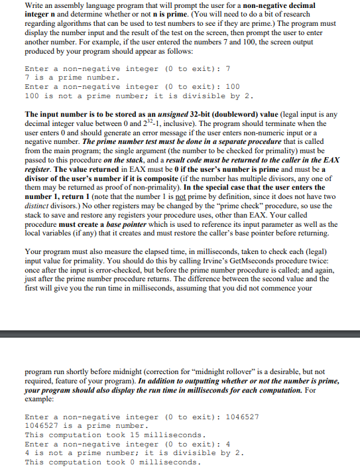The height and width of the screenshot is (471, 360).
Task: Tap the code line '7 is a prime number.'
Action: point(72,78)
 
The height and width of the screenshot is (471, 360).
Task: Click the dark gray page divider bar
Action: point(180,332)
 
